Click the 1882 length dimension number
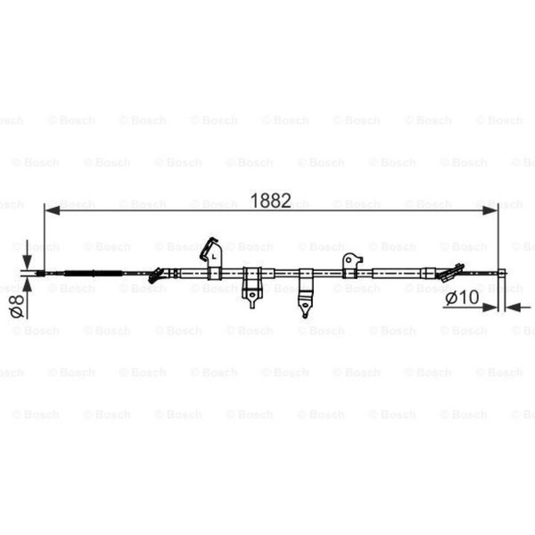tap(270, 201)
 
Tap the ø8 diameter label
tap(17, 306)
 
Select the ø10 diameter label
tap(462, 298)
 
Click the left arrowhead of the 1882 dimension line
tap(53, 210)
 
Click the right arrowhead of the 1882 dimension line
tap(490, 210)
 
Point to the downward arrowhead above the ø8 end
tap(28, 262)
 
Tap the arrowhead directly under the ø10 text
tap(490, 307)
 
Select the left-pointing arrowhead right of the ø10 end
tap(514, 307)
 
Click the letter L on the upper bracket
tap(214, 257)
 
